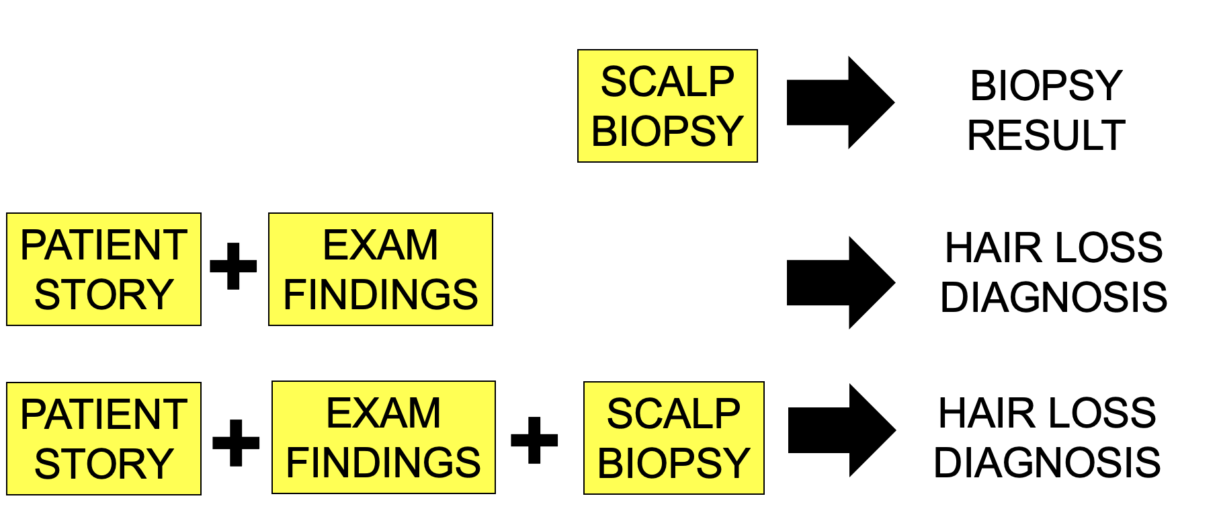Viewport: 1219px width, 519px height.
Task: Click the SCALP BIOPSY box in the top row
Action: click(667, 106)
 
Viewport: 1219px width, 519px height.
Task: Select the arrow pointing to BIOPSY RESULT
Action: click(839, 102)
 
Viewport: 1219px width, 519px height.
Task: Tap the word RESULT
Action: click(1046, 135)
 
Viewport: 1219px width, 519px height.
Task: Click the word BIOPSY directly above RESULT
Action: click(1046, 86)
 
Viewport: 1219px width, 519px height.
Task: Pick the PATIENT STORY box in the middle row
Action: click(103, 269)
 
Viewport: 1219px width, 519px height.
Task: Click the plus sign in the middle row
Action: click(233, 266)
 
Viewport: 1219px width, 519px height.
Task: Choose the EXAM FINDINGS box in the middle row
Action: click(380, 269)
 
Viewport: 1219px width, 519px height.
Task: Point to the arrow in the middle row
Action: click(839, 282)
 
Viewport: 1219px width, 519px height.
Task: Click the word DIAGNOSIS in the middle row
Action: click(1053, 297)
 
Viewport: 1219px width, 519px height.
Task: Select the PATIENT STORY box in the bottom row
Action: click(103, 438)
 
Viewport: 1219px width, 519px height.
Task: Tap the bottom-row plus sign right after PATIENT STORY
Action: click(236, 442)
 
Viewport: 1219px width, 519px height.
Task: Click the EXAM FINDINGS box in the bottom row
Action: click(383, 438)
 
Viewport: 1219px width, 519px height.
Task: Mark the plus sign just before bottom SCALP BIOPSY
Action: click(534, 440)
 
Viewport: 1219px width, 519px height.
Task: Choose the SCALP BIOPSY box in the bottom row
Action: click(673, 438)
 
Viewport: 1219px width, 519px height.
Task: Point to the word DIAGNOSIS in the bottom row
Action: click(1047, 463)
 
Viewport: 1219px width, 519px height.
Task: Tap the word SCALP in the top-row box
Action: click(667, 82)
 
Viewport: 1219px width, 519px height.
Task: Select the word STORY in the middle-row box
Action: click(103, 294)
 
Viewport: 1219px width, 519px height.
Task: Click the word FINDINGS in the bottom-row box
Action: click(383, 463)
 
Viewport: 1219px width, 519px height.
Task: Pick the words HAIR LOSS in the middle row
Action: click(1053, 247)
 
